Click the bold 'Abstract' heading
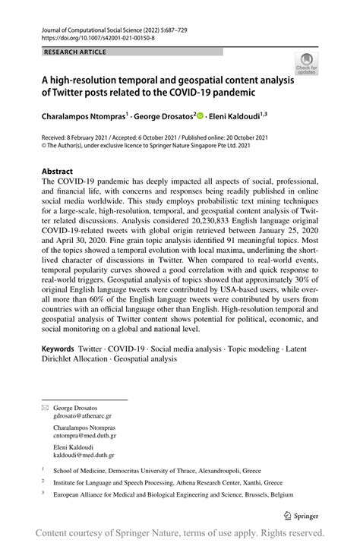click(58, 172)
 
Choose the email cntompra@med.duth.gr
click(84, 436)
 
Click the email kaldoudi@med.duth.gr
click(84, 455)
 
